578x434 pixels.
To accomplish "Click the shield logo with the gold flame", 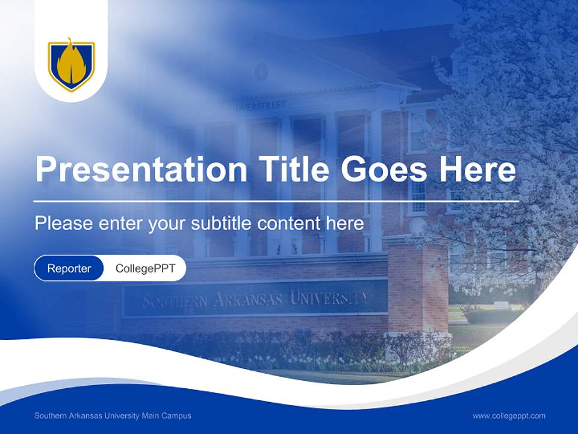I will tap(71, 64).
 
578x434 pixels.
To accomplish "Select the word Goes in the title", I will tap(385, 170).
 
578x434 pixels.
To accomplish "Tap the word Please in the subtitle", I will tap(63, 224).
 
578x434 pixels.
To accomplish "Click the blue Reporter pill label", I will tap(69, 268).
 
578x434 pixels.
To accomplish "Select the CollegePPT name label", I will tap(145, 268).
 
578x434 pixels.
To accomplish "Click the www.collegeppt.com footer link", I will tap(509, 415).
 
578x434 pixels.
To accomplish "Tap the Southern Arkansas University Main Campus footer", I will tap(113, 415).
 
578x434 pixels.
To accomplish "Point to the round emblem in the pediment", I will tap(260, 72).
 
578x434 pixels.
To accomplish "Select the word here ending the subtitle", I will tap(344, 224).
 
